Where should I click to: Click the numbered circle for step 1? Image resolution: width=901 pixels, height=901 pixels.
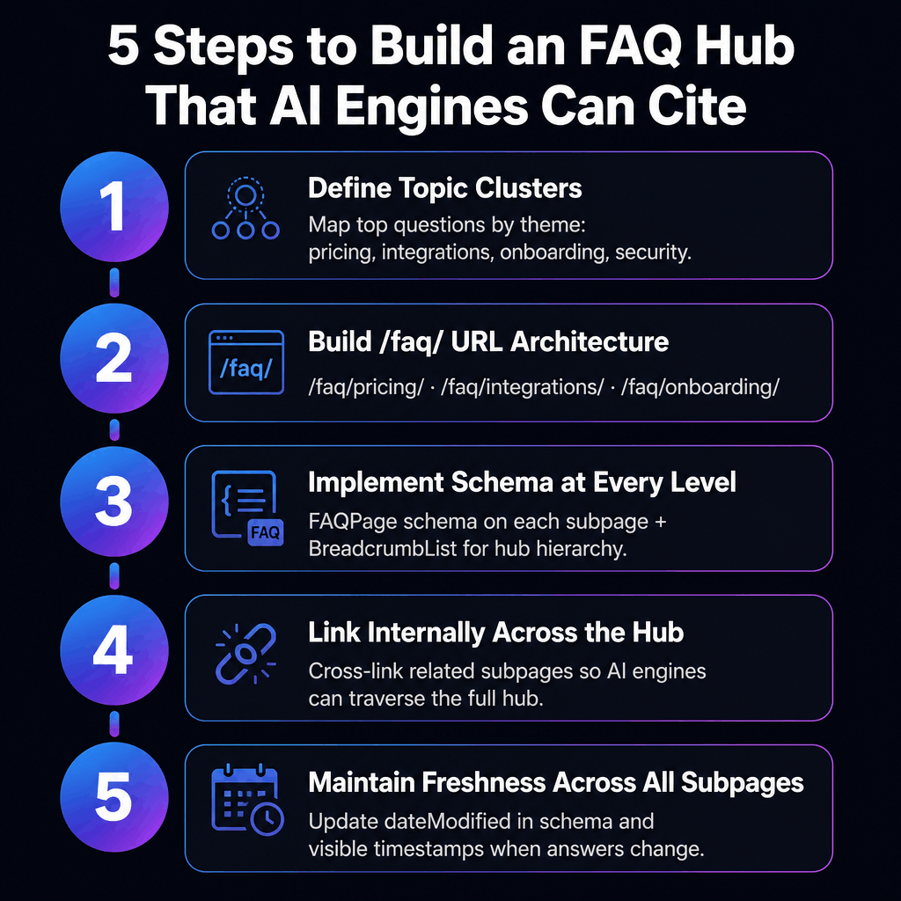point(114,214)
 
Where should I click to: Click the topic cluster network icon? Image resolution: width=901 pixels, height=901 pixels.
point(245,210)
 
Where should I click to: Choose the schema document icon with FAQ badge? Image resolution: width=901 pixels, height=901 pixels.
point(247,509)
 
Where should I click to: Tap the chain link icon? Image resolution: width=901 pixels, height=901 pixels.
point(245,656)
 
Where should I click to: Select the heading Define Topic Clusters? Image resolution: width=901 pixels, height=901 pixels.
point(444,187)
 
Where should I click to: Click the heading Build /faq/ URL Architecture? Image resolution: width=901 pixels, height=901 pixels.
point(488,341)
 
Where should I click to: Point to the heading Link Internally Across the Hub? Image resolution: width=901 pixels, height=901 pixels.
point(496,633)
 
